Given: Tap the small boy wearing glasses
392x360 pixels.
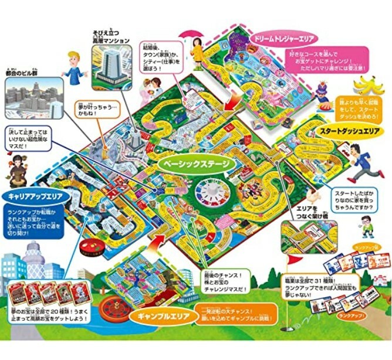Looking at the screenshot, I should (367, 226).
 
